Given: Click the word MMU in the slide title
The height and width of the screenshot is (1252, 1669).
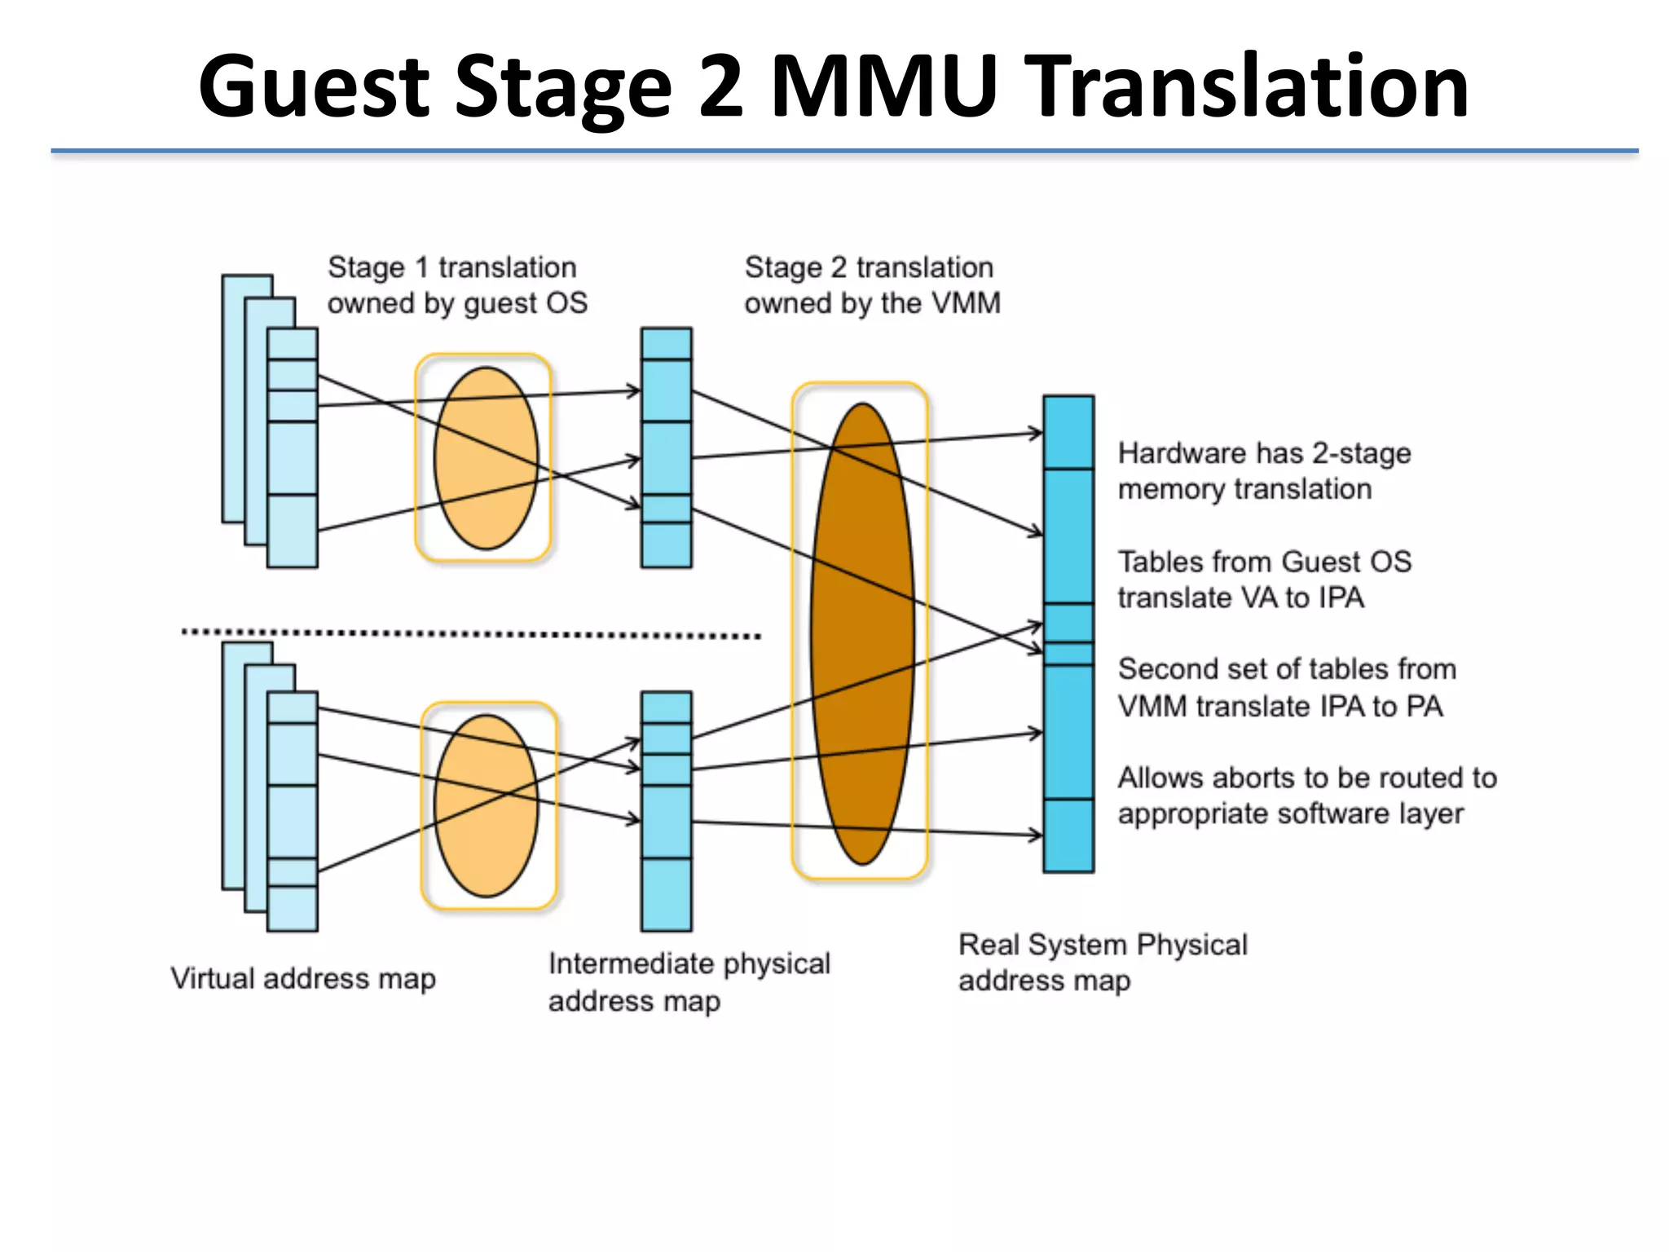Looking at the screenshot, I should [883, 86].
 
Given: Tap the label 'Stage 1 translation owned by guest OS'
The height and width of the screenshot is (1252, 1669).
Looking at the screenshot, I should [456, 285].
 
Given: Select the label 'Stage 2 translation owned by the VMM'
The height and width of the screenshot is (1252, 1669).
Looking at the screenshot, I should [871, 285].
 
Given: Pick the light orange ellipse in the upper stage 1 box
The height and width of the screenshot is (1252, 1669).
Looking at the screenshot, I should [486, 458].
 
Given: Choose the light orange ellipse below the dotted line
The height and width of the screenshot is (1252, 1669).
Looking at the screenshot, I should [487, 805].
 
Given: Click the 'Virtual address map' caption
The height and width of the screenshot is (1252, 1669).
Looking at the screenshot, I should [302, 978].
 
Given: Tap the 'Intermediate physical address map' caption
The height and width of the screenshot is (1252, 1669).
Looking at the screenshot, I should [688, 981].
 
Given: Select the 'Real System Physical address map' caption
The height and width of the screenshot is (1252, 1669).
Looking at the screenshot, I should [1102, 962].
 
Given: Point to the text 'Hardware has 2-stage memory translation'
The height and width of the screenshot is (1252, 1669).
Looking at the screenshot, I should [1263, 471].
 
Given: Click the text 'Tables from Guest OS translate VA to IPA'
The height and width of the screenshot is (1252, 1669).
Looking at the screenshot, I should [1263, 580].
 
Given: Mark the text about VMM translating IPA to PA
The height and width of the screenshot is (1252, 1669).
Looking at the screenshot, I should [1286, 687].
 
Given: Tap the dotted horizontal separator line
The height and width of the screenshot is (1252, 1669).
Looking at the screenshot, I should [470, 633].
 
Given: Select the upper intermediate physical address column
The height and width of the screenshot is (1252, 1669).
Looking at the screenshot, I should [666, 447].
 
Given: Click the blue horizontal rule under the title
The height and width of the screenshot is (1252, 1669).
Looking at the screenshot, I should [843, 151].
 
